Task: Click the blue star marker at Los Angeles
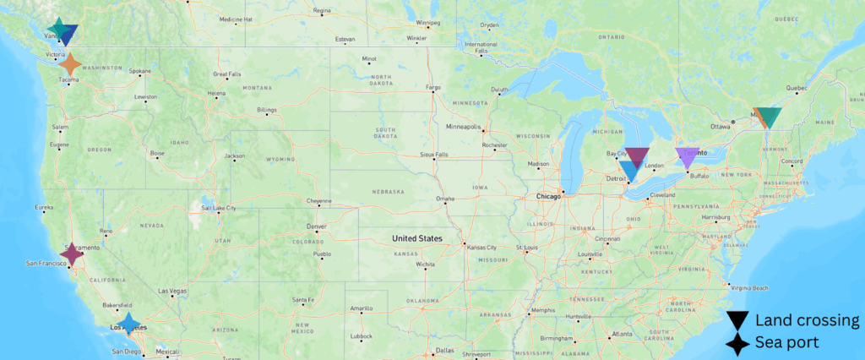pyautogui.click(x=128, y=324)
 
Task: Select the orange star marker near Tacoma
pyautogui.click(x=71, y=63)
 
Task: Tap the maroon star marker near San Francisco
pyautogui.click(x=72, y=253)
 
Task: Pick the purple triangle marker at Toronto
pyautogui.click(x=687, y=156)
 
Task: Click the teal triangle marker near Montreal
pyautogui.click(x=770, y=117)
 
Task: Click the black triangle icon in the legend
pyautogui.click(x=737, y=320)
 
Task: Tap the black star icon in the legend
pyautogui.click(x=737, y=343)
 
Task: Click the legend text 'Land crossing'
pyautogui.click(x=807, y=320)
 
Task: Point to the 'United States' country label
pyautogui.click(x=416, y=239)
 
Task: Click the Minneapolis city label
pyautogui.click(x=463, y=127)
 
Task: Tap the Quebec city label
pyautogui.click(x=797, y=87)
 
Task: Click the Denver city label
pyautogui.click(x=316, y=226)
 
